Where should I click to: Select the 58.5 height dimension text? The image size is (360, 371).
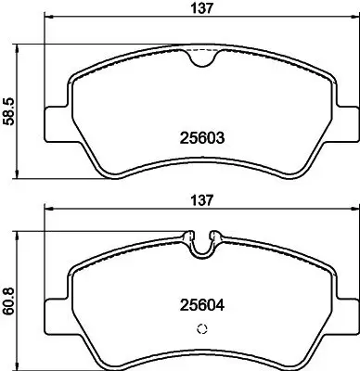(10, 109)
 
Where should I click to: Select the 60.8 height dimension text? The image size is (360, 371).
(10, 299)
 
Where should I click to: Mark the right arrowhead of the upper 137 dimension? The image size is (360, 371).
(355, 25)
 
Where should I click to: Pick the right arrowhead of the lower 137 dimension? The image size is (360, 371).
(355, 211)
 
